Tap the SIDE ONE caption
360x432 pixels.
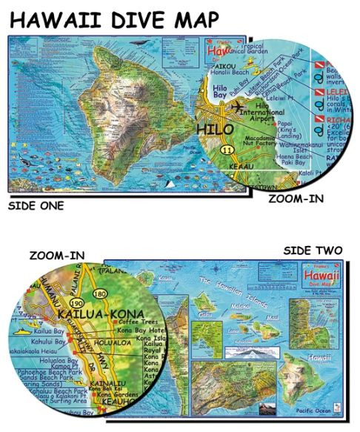(x=36, y=205)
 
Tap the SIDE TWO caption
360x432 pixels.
(x=313, y=251)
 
